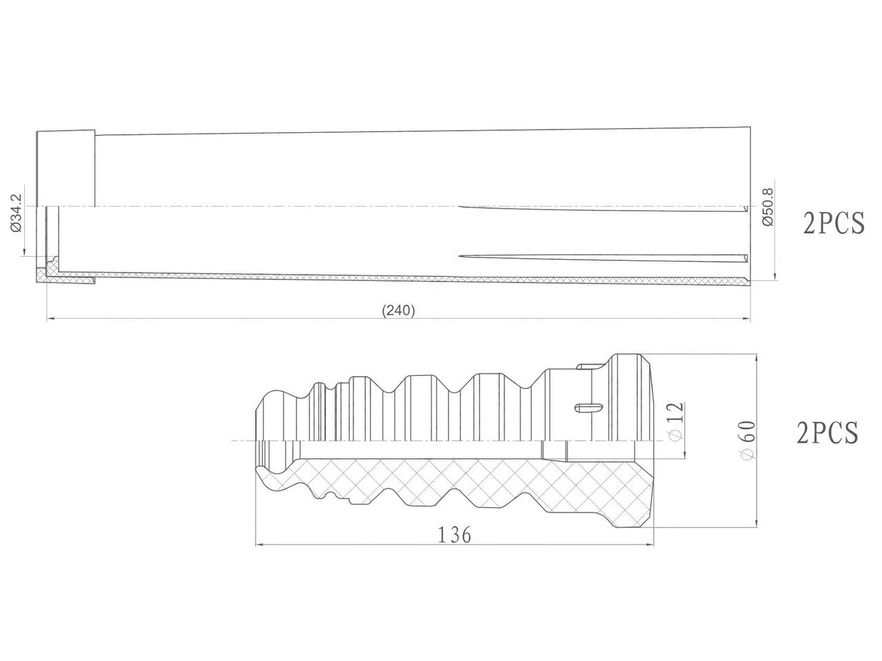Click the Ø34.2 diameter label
point(17,213)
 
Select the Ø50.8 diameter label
point(767,207)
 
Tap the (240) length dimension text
point(398,311)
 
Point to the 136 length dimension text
point(454,535)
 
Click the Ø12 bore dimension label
point(676,421)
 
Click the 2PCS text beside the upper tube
point(833,223)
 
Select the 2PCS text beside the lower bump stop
point(828,432)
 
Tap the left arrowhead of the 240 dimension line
point(51,319)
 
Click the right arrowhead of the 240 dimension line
point(746,319)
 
